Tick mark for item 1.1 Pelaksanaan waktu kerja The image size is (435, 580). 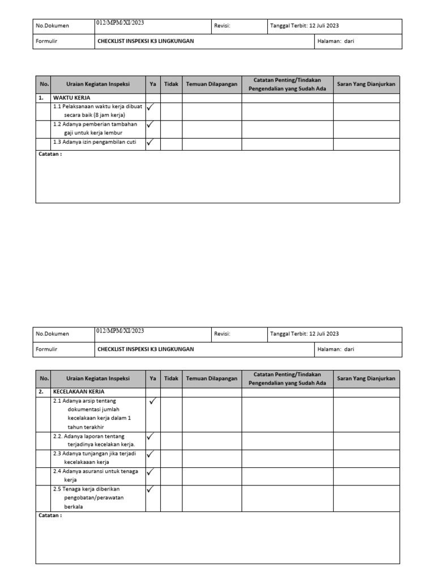point(151,106)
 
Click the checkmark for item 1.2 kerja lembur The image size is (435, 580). point(151,125)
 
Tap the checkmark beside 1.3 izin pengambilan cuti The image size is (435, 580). point(151,143)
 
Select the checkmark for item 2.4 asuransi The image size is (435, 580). point(151,471)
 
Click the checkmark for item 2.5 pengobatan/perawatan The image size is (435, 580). point(151,489)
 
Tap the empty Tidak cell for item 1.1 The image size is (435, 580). point(171,112)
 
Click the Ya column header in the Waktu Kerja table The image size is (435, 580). point(153,84)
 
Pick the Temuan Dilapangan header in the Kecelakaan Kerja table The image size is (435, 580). point(212,378)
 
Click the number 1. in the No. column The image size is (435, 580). point(41,97)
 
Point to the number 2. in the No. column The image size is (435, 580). point(41,391)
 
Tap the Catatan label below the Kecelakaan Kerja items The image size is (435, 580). point(50,515)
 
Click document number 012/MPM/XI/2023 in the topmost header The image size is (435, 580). point(120,23)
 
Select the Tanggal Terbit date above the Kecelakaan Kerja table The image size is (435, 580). point(305,334)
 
